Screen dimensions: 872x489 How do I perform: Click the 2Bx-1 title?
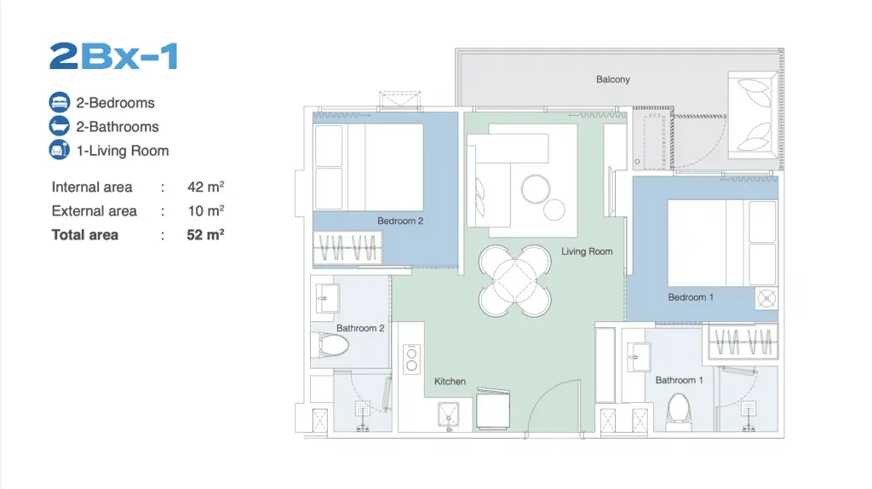pyautogui.click(x=113, y=56)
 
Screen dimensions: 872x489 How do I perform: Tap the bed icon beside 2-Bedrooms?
pyautogui.click(x=60, y=102)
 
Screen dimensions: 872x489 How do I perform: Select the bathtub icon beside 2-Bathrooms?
pyautogui.click(x=60, y=126)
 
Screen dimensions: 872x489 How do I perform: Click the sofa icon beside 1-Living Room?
pyautogui.click(x=60, y=150)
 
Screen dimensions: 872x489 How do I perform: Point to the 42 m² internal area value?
pyautogui.click(x=206, y=187)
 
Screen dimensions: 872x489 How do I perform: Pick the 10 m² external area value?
pyautogui.click(x=206, y=210)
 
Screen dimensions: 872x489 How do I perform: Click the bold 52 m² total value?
pyautogui.click(x=205, y=235)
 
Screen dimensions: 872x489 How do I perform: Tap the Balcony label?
pyautogui.click(x=613, y=79)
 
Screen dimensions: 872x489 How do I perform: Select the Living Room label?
pyautogui.click(x=587, y=251)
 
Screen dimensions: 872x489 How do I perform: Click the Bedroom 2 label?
pyautogui.click(x=400, y=221)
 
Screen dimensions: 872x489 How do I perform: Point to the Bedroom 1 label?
pyautogui.click(x=690, y=297)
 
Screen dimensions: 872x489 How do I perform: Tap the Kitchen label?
pyautogui.click(x=450, y=382)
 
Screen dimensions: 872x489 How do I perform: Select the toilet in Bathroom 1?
pyautogui.click(x=679, y=412)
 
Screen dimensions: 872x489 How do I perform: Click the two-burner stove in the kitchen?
pyautogui.click(x=411, y=359)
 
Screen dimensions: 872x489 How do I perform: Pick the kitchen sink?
pyautogui.click(x=448, y=415)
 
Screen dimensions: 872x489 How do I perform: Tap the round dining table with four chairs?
pyautogui.click(x=515, y=280)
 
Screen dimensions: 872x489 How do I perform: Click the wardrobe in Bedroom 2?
pyautogui.click(x=347, y=247)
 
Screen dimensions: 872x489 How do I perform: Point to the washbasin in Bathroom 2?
pyautogui.click(x=327, y=299)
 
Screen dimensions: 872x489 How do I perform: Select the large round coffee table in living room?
pyautogui.click(x=536, y=189)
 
